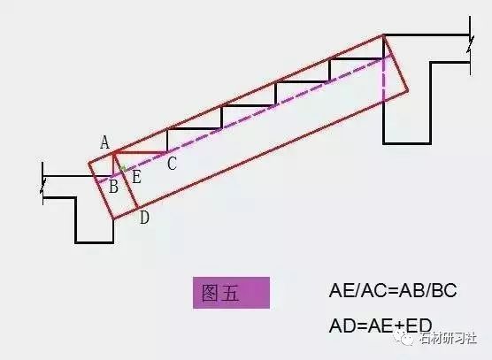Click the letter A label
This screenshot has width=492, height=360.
105,142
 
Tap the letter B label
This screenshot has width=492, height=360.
113,187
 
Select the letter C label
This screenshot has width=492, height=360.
172,164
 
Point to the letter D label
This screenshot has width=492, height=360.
144,218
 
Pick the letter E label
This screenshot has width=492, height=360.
136,177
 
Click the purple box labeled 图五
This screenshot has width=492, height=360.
231,293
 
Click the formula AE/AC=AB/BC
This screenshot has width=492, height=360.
393,290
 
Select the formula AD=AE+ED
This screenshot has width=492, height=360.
381,326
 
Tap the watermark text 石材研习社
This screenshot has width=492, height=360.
449,339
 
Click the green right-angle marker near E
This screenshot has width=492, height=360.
123,168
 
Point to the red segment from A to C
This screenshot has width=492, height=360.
141,153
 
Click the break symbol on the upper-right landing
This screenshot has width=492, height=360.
470,44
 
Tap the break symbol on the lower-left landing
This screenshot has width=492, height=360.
43,185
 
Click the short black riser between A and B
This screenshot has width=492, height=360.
113,165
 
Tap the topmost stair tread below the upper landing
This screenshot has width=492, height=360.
357,58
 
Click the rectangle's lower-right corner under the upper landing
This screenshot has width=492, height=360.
408,90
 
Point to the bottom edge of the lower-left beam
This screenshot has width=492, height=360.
95,242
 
